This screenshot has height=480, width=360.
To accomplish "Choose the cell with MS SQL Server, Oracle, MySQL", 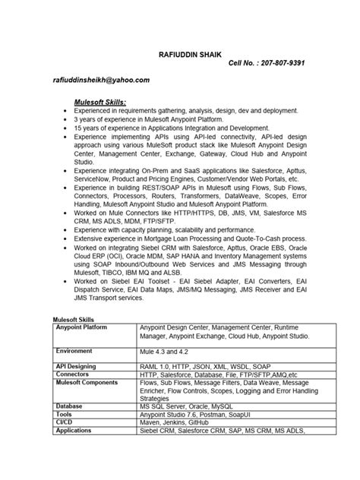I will tap(188, 407).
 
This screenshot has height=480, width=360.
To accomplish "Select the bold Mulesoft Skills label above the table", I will tap(71, 319).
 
